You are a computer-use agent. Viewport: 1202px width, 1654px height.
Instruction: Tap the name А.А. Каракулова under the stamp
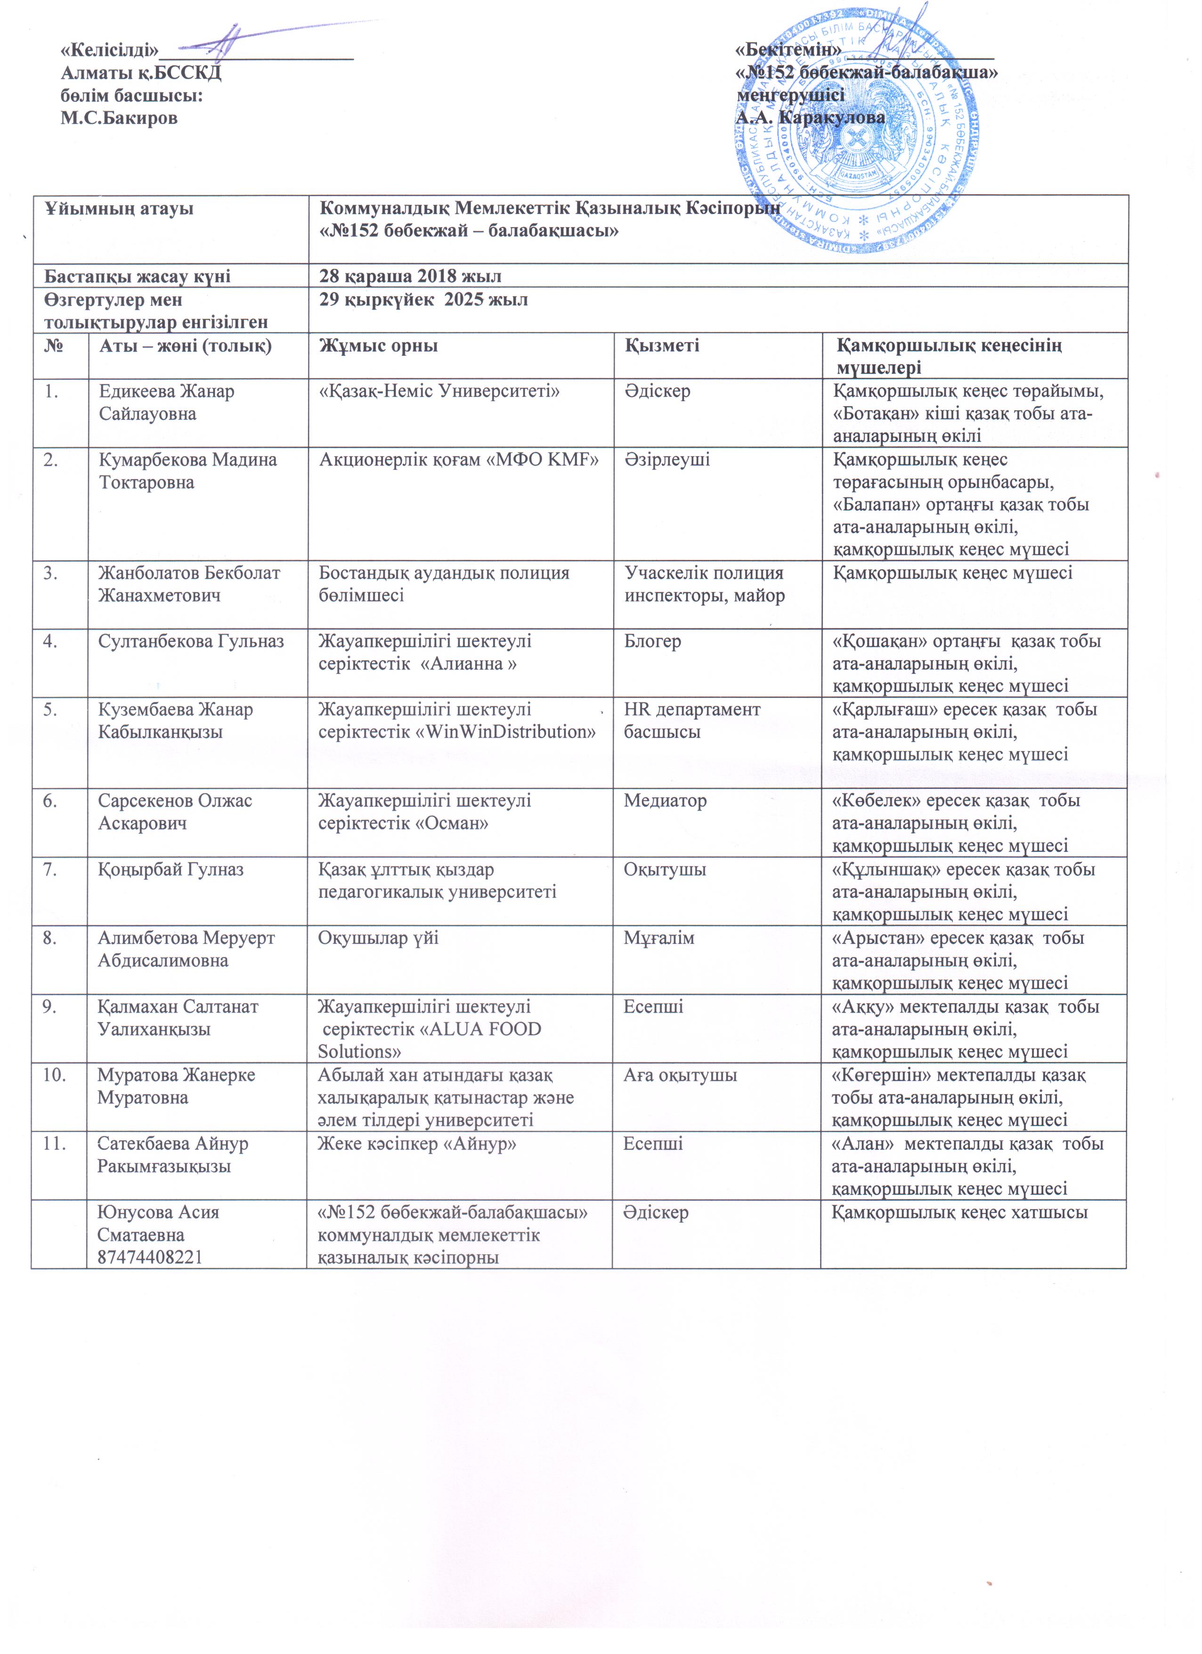tap(811, 117)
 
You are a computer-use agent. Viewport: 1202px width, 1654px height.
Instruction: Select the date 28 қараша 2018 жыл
tap(410, 276)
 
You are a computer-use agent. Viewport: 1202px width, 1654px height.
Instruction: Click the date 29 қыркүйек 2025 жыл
tap(423, 300)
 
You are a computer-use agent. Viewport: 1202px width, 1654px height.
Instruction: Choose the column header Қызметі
tap(661, 346)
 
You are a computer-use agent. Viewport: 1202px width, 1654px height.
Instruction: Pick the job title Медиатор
tap(665, 801)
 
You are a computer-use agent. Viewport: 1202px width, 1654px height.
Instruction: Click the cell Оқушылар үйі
tap(378, 938)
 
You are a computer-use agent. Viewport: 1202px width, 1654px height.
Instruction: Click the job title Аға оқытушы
tap(679, 1075)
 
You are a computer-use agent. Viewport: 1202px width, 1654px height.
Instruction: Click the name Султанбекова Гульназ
tap(191, 642)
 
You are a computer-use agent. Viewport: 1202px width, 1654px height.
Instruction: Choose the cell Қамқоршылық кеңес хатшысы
tap(959, 1212)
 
